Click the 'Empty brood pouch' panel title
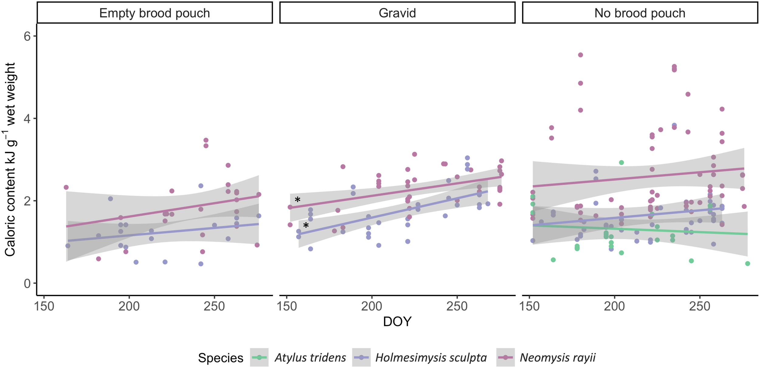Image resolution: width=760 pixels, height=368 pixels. point(154,13)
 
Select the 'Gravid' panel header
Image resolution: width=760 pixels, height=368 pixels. point(397,13)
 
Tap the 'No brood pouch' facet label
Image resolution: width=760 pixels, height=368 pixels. point(640,13)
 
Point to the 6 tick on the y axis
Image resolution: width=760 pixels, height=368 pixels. point(27,36)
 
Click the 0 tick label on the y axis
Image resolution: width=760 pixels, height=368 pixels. point(27,284)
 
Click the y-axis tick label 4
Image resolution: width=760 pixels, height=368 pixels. point(27,119)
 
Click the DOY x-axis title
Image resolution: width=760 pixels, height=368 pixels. point(397,322)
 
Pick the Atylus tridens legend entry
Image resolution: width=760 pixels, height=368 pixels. point(310,358)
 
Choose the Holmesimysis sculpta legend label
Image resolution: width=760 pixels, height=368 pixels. point(431,358)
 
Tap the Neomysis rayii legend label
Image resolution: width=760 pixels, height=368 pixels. point(557,358)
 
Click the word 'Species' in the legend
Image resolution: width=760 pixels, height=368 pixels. point(221,358)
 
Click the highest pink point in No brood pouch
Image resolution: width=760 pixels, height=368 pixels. point(580,55)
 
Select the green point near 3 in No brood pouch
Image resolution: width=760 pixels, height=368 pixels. point(621,162)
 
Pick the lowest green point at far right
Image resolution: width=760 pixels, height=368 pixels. point(748,264)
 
